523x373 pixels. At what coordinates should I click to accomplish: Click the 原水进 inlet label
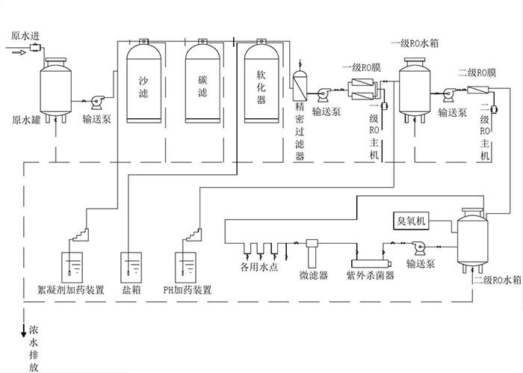27,35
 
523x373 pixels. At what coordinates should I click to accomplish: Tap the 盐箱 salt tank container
131,266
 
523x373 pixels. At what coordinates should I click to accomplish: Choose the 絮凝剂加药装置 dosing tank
71,266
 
